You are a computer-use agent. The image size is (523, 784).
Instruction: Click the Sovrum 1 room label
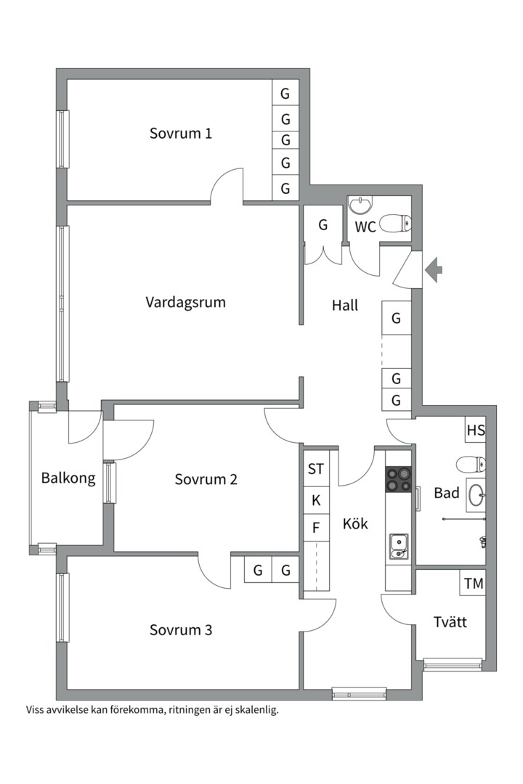[x=181, y=134]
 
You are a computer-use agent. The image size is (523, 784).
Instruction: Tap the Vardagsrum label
[x=186, y=303]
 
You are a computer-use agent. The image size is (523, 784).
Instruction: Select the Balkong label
[x=68, y=478]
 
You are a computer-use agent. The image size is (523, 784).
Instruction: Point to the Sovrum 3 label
[x=181, y=630]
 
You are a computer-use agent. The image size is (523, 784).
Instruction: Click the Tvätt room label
[x=450, y=622]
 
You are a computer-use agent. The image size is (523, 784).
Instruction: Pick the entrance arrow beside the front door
[x=434, y=269]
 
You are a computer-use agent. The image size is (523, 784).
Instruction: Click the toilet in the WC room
[x=395, y=223]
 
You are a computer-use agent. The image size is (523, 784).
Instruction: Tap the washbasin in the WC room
[x=361, y=205]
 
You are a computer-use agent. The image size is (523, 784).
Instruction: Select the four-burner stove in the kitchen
[x=398, y=479]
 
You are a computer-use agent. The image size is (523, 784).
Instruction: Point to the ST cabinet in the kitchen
[x=316, y=468]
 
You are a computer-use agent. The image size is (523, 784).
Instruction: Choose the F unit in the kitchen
[x=316, y=528]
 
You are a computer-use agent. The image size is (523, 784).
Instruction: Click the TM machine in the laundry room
[x=473, y=583]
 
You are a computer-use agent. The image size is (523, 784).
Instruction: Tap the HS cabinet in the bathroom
[x=476, y=430]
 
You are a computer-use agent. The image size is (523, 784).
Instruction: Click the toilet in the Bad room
[x=471, y=463]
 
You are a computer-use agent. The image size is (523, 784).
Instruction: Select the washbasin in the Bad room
[x=477, y=494]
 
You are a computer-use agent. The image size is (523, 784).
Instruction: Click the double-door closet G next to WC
[x=323, y=234]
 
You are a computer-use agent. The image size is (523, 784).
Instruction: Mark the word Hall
[x=345, y=305]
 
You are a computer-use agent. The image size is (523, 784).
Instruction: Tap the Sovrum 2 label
[x=206, y=480]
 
